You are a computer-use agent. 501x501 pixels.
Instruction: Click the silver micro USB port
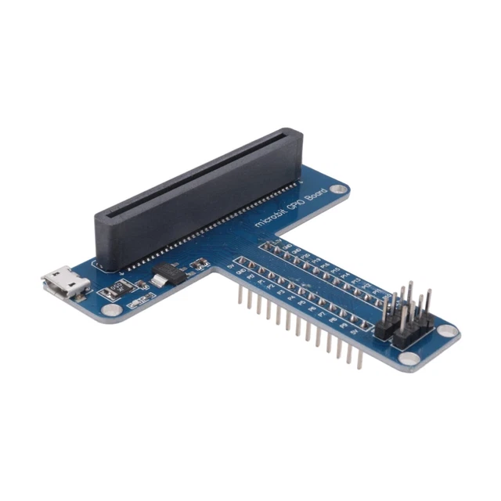(x=66, y=283)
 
